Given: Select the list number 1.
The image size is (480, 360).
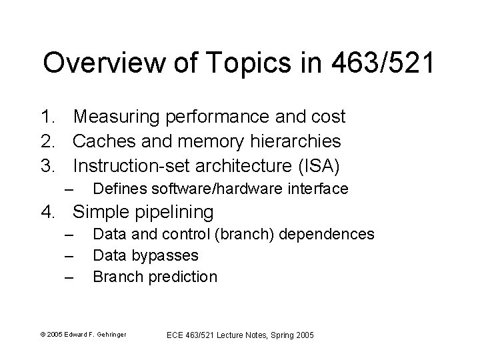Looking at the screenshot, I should (x=47, y=117).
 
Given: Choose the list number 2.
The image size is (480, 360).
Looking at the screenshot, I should (x=47, y=141).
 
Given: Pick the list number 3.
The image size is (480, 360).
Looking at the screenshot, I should (x=47, y=165).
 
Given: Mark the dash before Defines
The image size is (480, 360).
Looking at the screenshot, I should (x=69, y=189).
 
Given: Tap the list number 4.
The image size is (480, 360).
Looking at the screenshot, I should (x=47, y=213).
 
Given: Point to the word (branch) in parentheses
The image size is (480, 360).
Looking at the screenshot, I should (x=251, y=235).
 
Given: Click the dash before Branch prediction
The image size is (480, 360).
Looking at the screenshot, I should (x=69, y=276).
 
